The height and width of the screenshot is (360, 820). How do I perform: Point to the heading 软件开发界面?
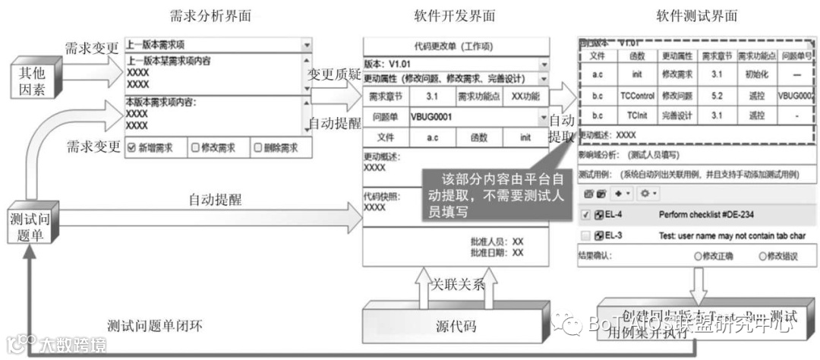[455, 16]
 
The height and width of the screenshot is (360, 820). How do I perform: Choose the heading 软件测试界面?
[696, 16]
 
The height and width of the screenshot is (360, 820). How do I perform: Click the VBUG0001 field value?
[431, 118]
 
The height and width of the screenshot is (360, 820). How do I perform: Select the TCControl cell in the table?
[637, 96]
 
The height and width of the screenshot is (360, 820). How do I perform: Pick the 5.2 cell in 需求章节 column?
[717, 96]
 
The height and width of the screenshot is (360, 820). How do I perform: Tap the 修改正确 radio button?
[698, 256]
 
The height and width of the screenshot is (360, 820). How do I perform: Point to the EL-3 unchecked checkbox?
[585, 235]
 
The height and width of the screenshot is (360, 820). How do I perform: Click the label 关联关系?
[458, 285]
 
